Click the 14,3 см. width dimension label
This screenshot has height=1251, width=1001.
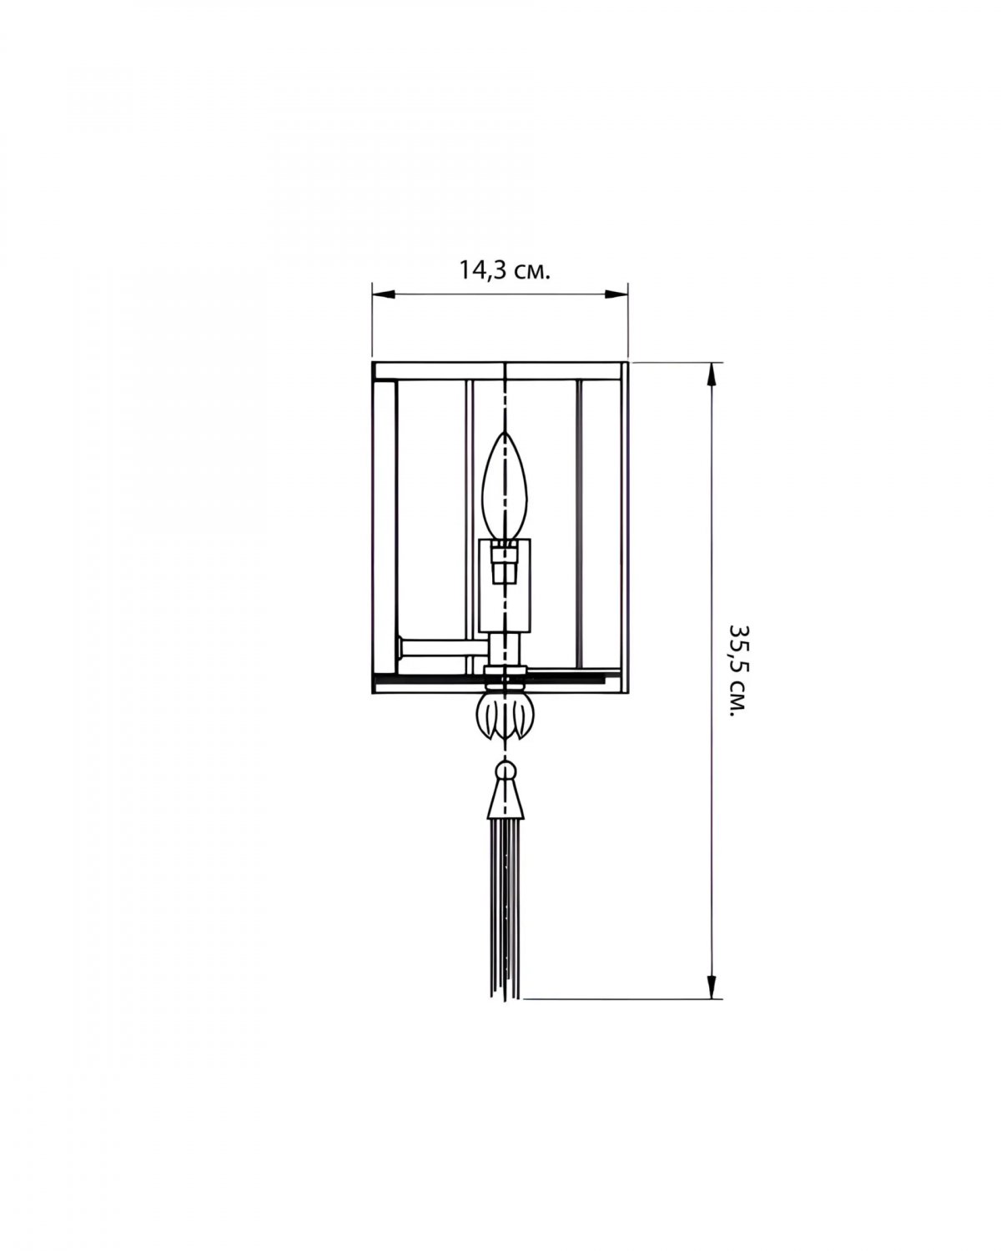click(505, 270)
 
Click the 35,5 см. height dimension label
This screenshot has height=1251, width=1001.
click(739, 671)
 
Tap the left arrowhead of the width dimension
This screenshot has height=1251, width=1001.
click(384, 294)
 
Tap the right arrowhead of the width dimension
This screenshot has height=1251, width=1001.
click(616, 294)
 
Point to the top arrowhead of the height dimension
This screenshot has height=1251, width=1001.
click(710, 374)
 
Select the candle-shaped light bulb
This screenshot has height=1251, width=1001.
click(505, 486)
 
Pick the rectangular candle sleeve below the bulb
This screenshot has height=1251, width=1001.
click(505, 585)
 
